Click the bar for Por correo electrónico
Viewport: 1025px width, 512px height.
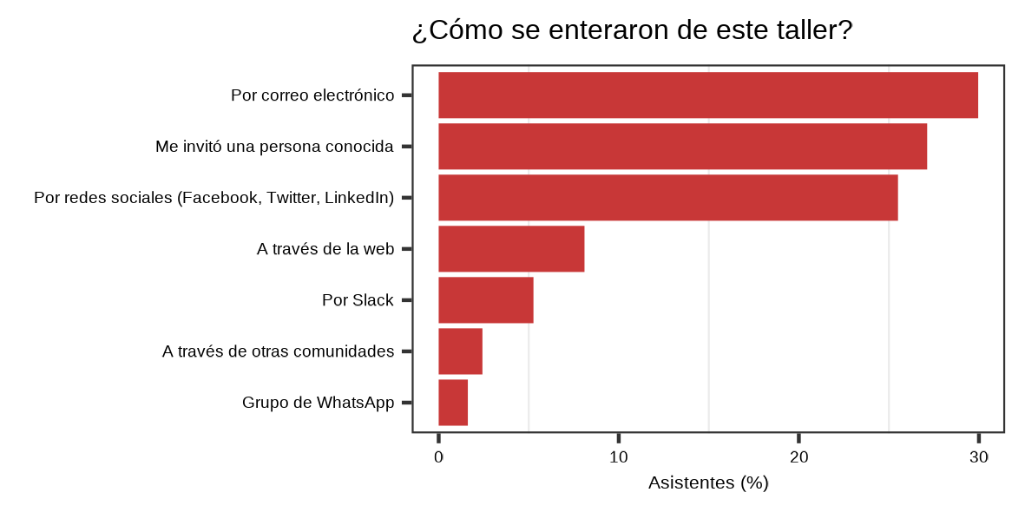(708, 95)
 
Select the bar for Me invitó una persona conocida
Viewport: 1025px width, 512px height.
(682, 147)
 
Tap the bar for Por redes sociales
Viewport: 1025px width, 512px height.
(667, 198)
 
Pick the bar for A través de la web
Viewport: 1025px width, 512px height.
(511, 249)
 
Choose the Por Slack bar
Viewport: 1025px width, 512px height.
(485, 300)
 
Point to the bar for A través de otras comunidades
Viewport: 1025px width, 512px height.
(460, 351)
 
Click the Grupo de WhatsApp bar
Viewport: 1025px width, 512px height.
(453, 403)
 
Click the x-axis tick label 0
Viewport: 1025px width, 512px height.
(438, 457)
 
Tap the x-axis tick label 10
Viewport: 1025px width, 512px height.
(618, 457)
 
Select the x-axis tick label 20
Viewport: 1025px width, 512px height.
(798, 457)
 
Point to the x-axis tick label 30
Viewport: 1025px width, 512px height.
(978, 457)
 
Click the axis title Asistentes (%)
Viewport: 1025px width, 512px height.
(708, 483)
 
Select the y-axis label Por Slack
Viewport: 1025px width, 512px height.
(358, 300)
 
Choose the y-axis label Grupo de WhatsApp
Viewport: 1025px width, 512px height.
(318, 403)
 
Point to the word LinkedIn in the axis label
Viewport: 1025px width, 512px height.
(359, 198)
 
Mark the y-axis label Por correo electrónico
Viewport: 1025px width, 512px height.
(312, 95)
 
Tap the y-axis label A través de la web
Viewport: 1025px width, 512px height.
(325, 249)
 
